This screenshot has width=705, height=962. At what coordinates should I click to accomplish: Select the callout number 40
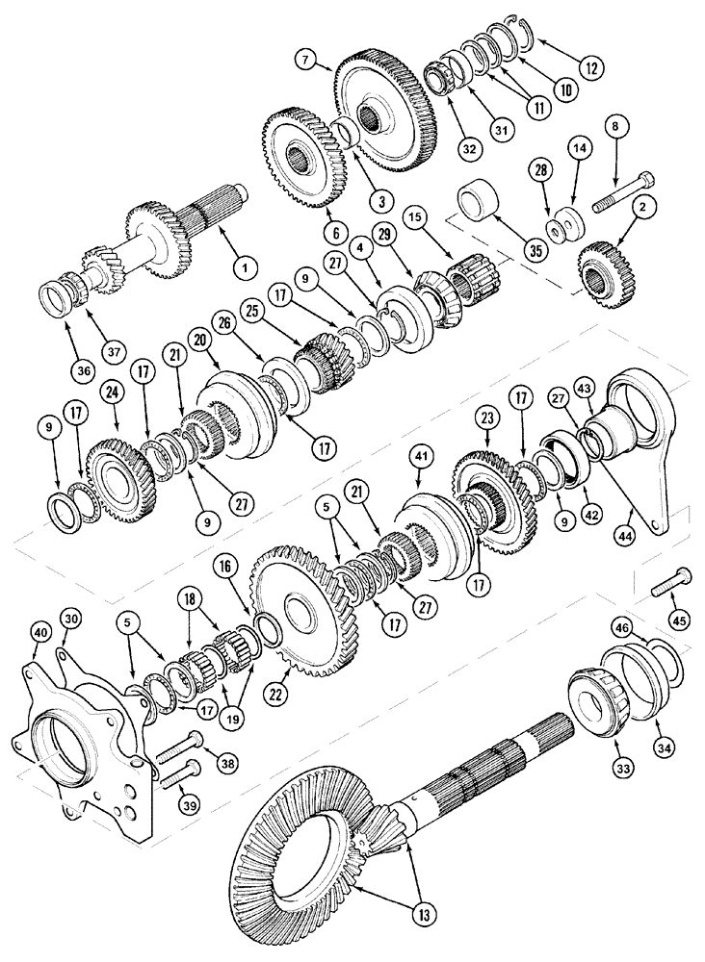point(39,631)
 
